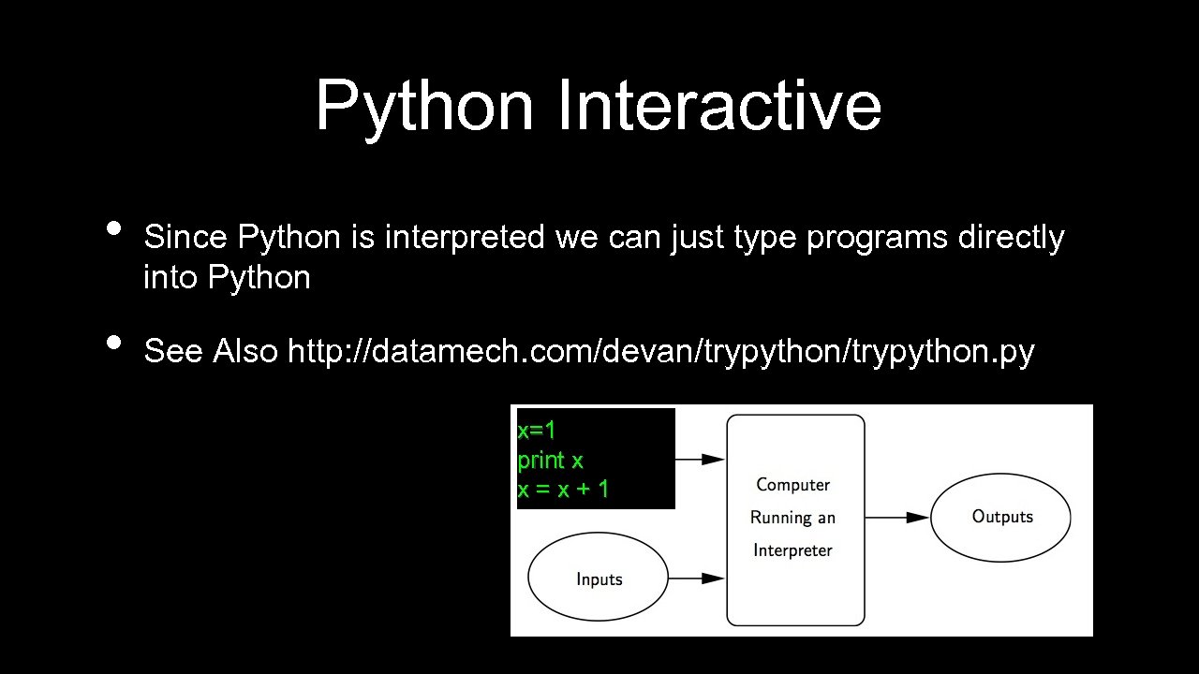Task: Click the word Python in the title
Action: (423, 106)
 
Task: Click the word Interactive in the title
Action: (718, 106)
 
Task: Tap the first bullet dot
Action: (113, 227)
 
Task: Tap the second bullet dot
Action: (113, 342)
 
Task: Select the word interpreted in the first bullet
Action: (464, 238)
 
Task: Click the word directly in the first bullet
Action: (1011, 238)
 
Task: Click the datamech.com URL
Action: (660, 351)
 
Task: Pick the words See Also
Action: (211, 351)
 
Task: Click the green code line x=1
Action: (537, 431)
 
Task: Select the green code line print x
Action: (550, 460)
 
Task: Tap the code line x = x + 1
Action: (563, 489)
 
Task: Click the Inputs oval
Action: (599, 579)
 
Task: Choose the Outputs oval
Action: (1000, 517)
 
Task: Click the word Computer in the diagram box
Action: (792, 485)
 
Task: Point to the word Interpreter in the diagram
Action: (792, 550)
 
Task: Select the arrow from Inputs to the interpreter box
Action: (698, 579)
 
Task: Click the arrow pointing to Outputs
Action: (896, 517)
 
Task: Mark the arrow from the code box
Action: (700, 459)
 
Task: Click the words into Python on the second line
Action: (227, 278)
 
